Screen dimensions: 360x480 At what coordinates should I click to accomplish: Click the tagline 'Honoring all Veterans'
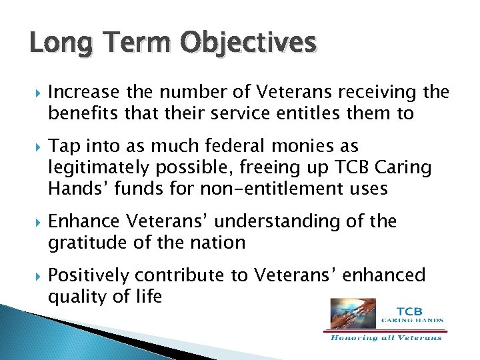(386, 337)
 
